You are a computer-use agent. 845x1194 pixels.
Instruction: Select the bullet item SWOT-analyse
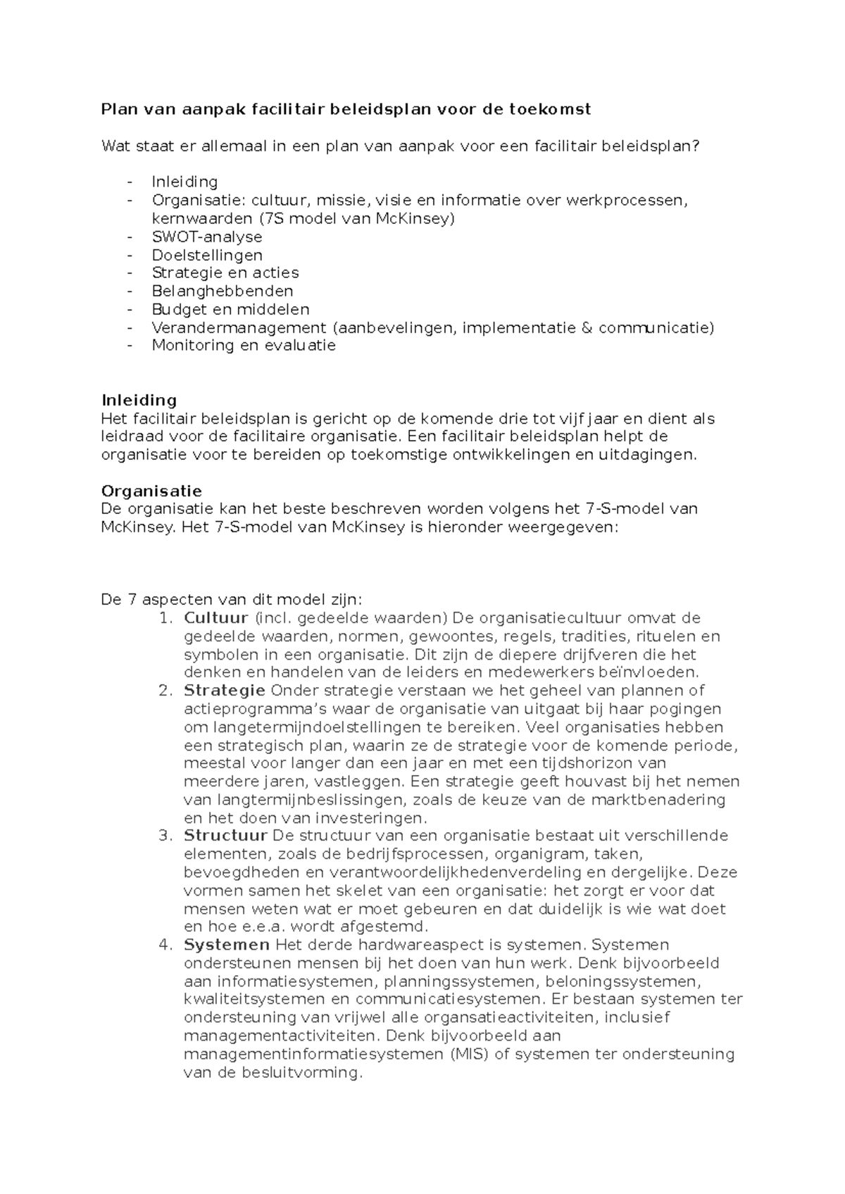(207, 237)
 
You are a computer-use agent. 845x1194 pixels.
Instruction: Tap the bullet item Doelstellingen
(207, 255)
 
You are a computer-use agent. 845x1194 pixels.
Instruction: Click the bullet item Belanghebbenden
(223, 291)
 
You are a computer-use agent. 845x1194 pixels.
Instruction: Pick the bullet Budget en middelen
(230, 309)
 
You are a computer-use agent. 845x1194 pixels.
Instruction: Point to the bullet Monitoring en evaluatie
(244, 345)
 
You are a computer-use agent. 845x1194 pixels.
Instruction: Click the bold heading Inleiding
(139, 401)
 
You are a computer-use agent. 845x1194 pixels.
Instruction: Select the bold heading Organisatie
(151, 491)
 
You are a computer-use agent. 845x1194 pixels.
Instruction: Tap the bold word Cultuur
(216, 618)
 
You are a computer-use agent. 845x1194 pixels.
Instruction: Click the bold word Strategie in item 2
(225, 691)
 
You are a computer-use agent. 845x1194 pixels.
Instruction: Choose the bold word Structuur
(225, 836)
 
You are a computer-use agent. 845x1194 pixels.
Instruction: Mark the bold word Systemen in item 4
(227, 945)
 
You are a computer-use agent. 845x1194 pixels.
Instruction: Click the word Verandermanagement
(239, 327)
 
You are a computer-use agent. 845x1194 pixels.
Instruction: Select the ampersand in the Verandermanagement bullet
(587, 327)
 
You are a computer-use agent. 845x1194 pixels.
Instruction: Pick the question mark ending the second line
(696, 146)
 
